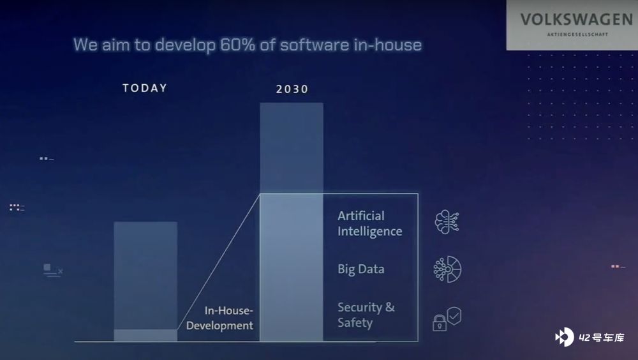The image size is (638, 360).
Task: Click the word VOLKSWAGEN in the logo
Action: pyautogui.click(x=576, y=19)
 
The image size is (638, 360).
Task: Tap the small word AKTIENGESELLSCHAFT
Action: pyautogui.click(x=577, y=34)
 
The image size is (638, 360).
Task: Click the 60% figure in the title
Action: pyautogui.click(x=237, y=45)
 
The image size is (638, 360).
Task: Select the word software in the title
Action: pyautogui.click(x=315, y=45)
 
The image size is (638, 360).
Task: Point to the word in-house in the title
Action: pyautogui.click(x=387, y=45)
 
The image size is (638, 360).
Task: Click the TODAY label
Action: pyautogui.click(x=145, y=88)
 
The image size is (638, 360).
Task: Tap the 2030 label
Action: pyautogui.click(x=292, y=89)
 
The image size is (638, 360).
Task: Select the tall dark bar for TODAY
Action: pyautogui.click(x=145, y=276)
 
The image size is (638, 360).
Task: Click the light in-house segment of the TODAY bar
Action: pyautogui.click(x=145, y=335)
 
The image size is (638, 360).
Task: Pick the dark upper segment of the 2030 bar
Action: pyautogui.click(x=292, y=148)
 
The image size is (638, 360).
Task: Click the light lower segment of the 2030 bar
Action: pyautogui.click(x=292, y=267)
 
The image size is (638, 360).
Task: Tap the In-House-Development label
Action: pyautogui.click(x=219, y=318)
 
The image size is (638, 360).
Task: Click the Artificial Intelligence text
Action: pyautogui.click(x=370, y=223)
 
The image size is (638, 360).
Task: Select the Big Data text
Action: pyautogui.click(x=361, y=269)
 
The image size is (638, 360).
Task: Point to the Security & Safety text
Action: pyautogui.click(x=366, y=315)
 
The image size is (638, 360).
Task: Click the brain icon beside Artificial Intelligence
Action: pyautogui.click(x=447, y=222)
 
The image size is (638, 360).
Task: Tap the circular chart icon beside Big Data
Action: pyautogui.click(x=448, y=269)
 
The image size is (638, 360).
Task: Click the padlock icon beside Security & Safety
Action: pyautogui.click(x=440, y=323)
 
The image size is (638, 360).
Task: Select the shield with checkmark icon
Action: pyautogui.click(x=454, y=315)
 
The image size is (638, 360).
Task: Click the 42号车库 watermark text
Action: pyautogui.click(x=602, y=338)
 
